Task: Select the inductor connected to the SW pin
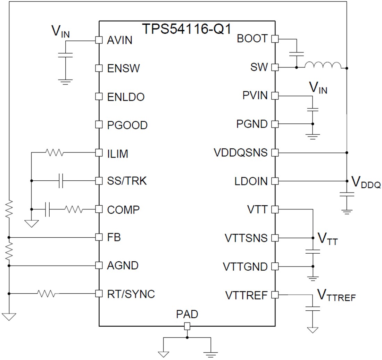point(323,65)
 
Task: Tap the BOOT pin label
point(252,39)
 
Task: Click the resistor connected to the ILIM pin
point(54,152)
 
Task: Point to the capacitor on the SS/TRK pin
point(61,181)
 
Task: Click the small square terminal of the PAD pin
point(187,326)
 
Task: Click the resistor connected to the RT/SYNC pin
point(47,294)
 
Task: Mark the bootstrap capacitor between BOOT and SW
point(296,54)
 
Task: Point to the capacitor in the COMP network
point(48,210)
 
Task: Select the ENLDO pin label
point(126,97)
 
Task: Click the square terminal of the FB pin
point(99,237)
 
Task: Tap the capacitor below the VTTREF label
point(313,309)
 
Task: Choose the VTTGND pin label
point(245,267)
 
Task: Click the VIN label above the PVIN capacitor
point(318,88)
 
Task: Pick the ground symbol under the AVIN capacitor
point(65,82)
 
